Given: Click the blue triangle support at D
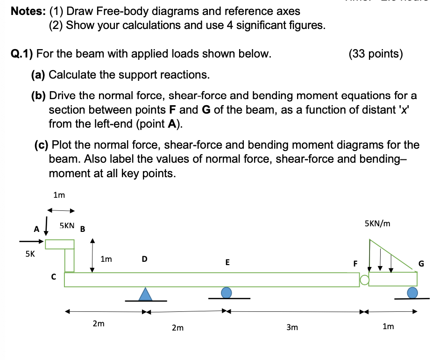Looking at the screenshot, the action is point(146,294).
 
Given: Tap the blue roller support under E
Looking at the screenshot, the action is point(227,293).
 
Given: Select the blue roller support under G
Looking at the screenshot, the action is point(412,293).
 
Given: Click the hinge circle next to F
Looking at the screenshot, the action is point(364,280).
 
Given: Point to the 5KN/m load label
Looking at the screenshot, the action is point(377,224).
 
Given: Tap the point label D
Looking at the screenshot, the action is point(144,258).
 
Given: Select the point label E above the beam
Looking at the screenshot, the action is point(227,262).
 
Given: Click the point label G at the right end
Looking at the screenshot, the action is point(421,263).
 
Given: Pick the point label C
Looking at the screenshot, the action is point(53,277).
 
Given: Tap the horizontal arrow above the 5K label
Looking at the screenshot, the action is point(31,242).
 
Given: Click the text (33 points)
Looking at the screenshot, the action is point(375,54).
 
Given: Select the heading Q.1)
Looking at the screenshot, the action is point(21,54).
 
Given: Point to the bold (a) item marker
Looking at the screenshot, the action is point(38,74).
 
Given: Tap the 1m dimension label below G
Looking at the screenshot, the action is point(388,326).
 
